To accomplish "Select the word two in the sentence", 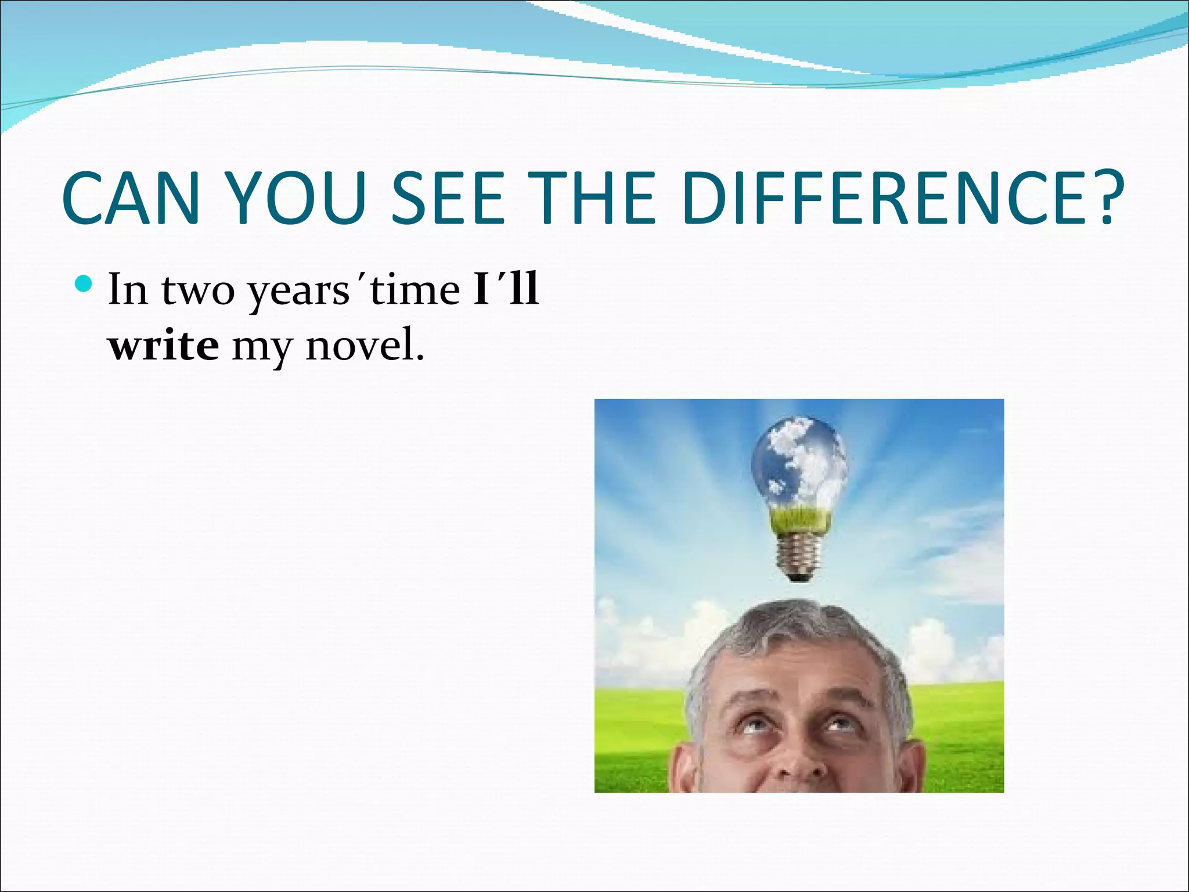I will tap(197, 290).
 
